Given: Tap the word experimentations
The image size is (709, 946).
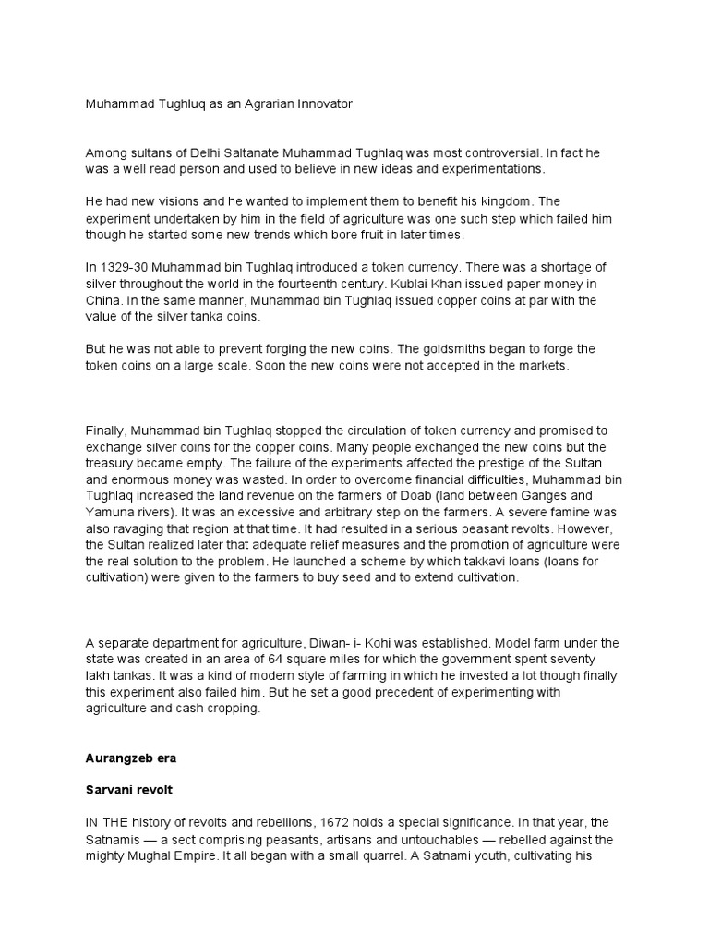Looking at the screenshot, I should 492,170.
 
